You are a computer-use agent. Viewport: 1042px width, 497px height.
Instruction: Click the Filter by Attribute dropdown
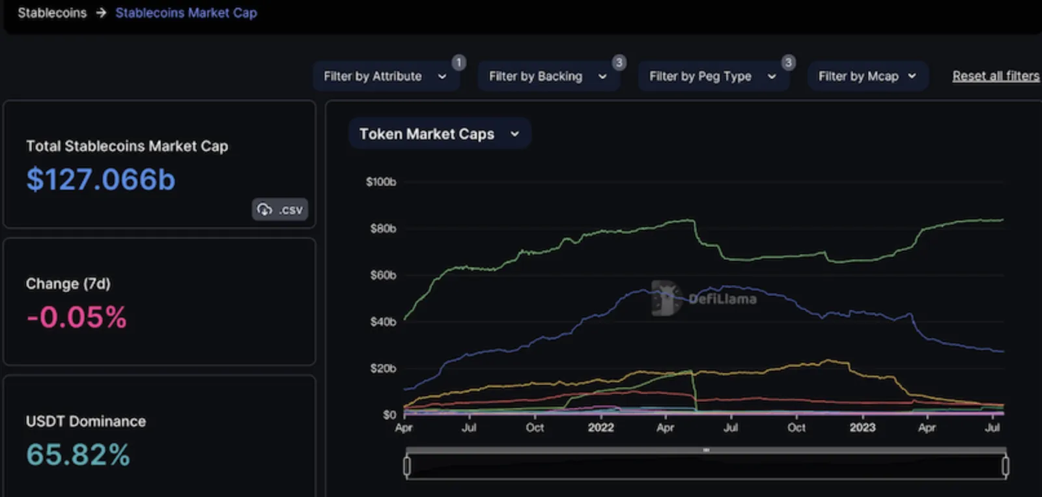(x=386, y=76)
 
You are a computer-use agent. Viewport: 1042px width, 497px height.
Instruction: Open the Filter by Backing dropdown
(x=548, y=76)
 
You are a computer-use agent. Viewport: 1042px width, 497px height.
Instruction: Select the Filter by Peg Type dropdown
(x=712, y=76)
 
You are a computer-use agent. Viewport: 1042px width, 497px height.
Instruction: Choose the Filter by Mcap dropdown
(x=867, y=76)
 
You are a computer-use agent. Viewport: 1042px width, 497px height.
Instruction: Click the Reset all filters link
(x=996, y=76)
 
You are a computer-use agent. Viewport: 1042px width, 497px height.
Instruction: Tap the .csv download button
(x=280, y=209)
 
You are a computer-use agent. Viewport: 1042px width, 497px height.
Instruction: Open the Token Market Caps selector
(x=440, y=134)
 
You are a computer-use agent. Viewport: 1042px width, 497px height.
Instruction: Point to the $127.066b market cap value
(x=101, y=180)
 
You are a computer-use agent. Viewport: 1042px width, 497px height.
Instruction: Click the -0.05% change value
(x=77, y=317)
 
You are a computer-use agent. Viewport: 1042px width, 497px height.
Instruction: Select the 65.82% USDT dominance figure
(x=78, y=455)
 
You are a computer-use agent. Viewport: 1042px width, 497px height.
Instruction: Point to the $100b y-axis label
(x=381, y=182)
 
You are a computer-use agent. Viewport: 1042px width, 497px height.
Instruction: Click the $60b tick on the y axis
(x=384, y=275)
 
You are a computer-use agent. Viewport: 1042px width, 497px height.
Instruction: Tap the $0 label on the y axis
(x=389, y=415)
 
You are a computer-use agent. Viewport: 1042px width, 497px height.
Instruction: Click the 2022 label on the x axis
(x=600, y=428)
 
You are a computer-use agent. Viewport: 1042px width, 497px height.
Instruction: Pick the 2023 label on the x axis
(x=862, y=428)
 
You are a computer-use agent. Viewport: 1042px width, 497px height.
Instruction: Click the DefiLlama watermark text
(x=722, y=299)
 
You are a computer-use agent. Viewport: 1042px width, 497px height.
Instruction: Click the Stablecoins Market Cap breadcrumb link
(x=186, y=12)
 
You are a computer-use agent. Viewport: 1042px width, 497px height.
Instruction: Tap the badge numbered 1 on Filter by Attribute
(x=458, y=63)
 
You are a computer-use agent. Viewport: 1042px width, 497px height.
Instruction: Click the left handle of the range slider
(x=407, y=466)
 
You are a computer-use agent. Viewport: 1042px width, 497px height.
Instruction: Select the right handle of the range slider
(x=1006, y=466)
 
